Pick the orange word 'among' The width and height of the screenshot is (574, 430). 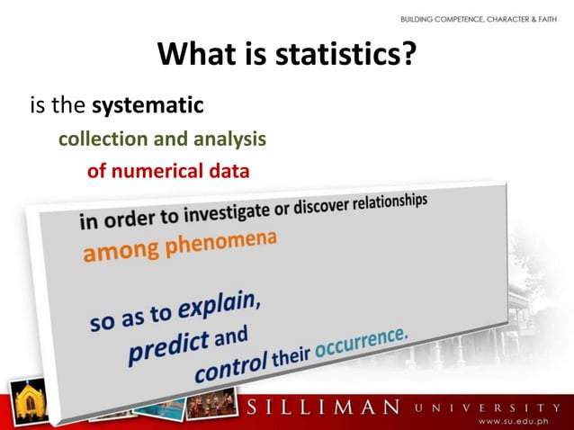point(113,253)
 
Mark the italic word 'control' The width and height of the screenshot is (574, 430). point(230,366)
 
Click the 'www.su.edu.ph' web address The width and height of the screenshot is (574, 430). point(516,421)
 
